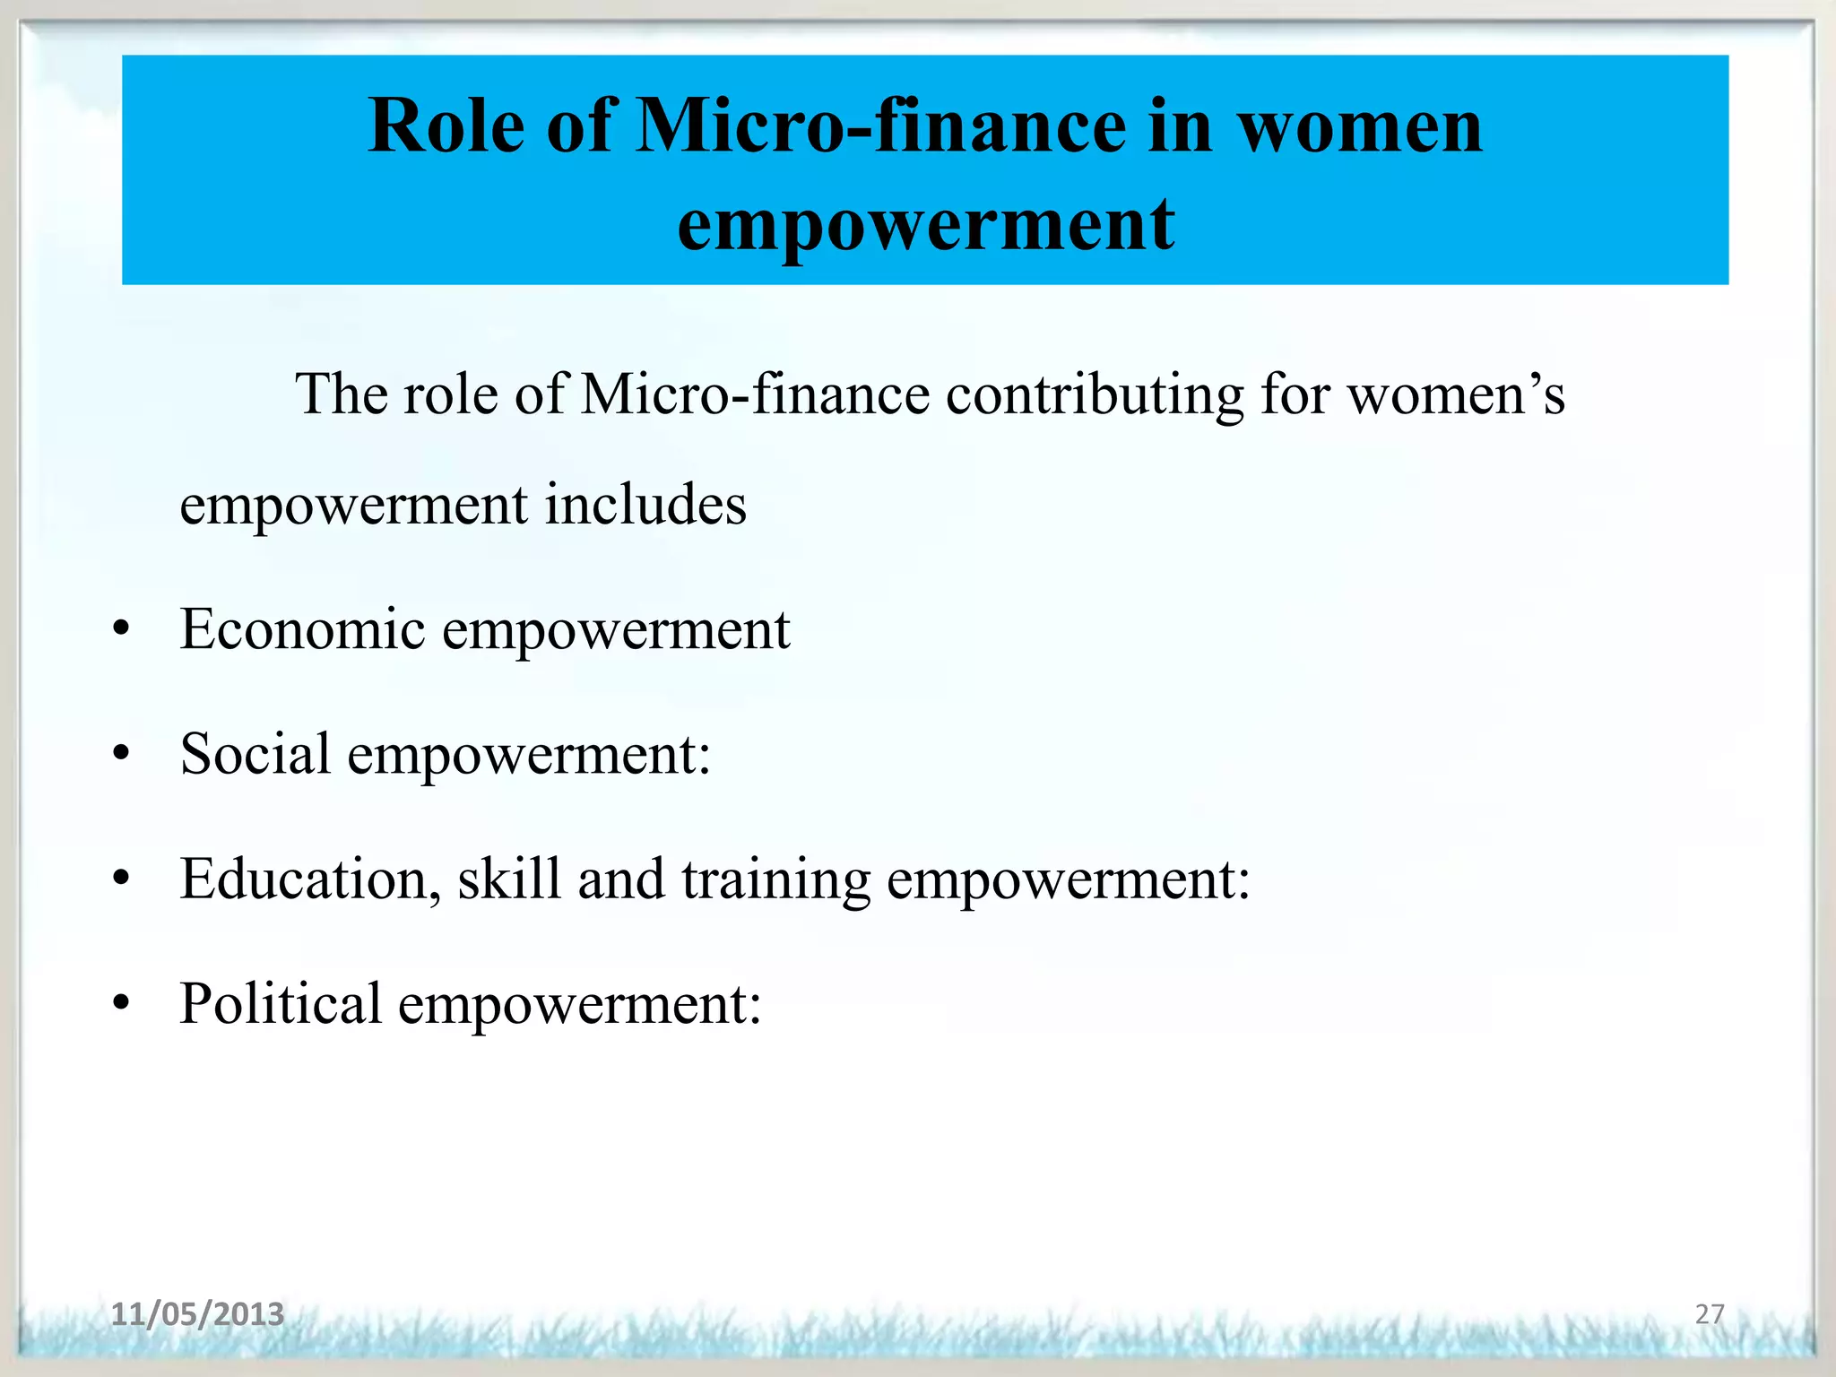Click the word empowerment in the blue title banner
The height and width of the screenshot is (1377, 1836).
(925, 224)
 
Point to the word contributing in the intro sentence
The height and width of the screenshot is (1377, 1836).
(1095, 394)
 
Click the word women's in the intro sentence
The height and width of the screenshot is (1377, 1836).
(1457, 394)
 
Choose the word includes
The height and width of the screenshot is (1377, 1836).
(645, 504)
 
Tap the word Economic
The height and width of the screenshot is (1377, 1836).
(302, 628)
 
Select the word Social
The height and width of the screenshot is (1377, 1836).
(255, 753)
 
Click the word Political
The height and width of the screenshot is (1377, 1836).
(281, 1003)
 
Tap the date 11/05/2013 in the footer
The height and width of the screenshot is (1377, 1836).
(197, 1314)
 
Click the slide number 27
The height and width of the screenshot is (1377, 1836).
(1710, 1314)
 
